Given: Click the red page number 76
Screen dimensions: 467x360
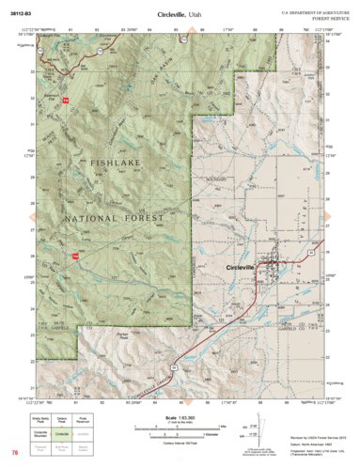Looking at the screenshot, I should pos(15,452).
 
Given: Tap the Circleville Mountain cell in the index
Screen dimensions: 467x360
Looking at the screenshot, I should pos(43,435).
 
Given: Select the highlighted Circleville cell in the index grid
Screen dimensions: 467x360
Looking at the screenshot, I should pos(63,435).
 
